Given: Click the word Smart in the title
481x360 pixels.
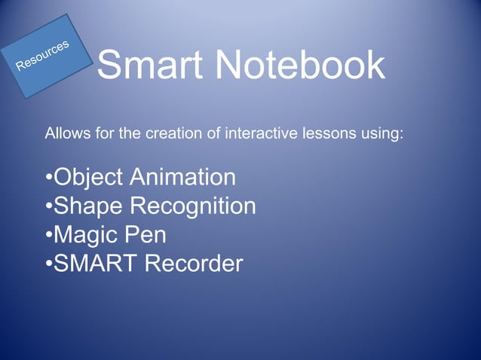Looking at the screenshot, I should [x=150, y=66].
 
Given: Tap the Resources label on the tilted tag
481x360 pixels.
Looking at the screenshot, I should [x=43, y=55].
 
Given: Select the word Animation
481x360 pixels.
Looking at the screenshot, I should [x=182, y=178].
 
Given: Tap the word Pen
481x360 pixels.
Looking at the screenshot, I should [x=146, y=235].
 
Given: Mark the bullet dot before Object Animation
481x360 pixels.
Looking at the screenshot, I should [x=48, y=179].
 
